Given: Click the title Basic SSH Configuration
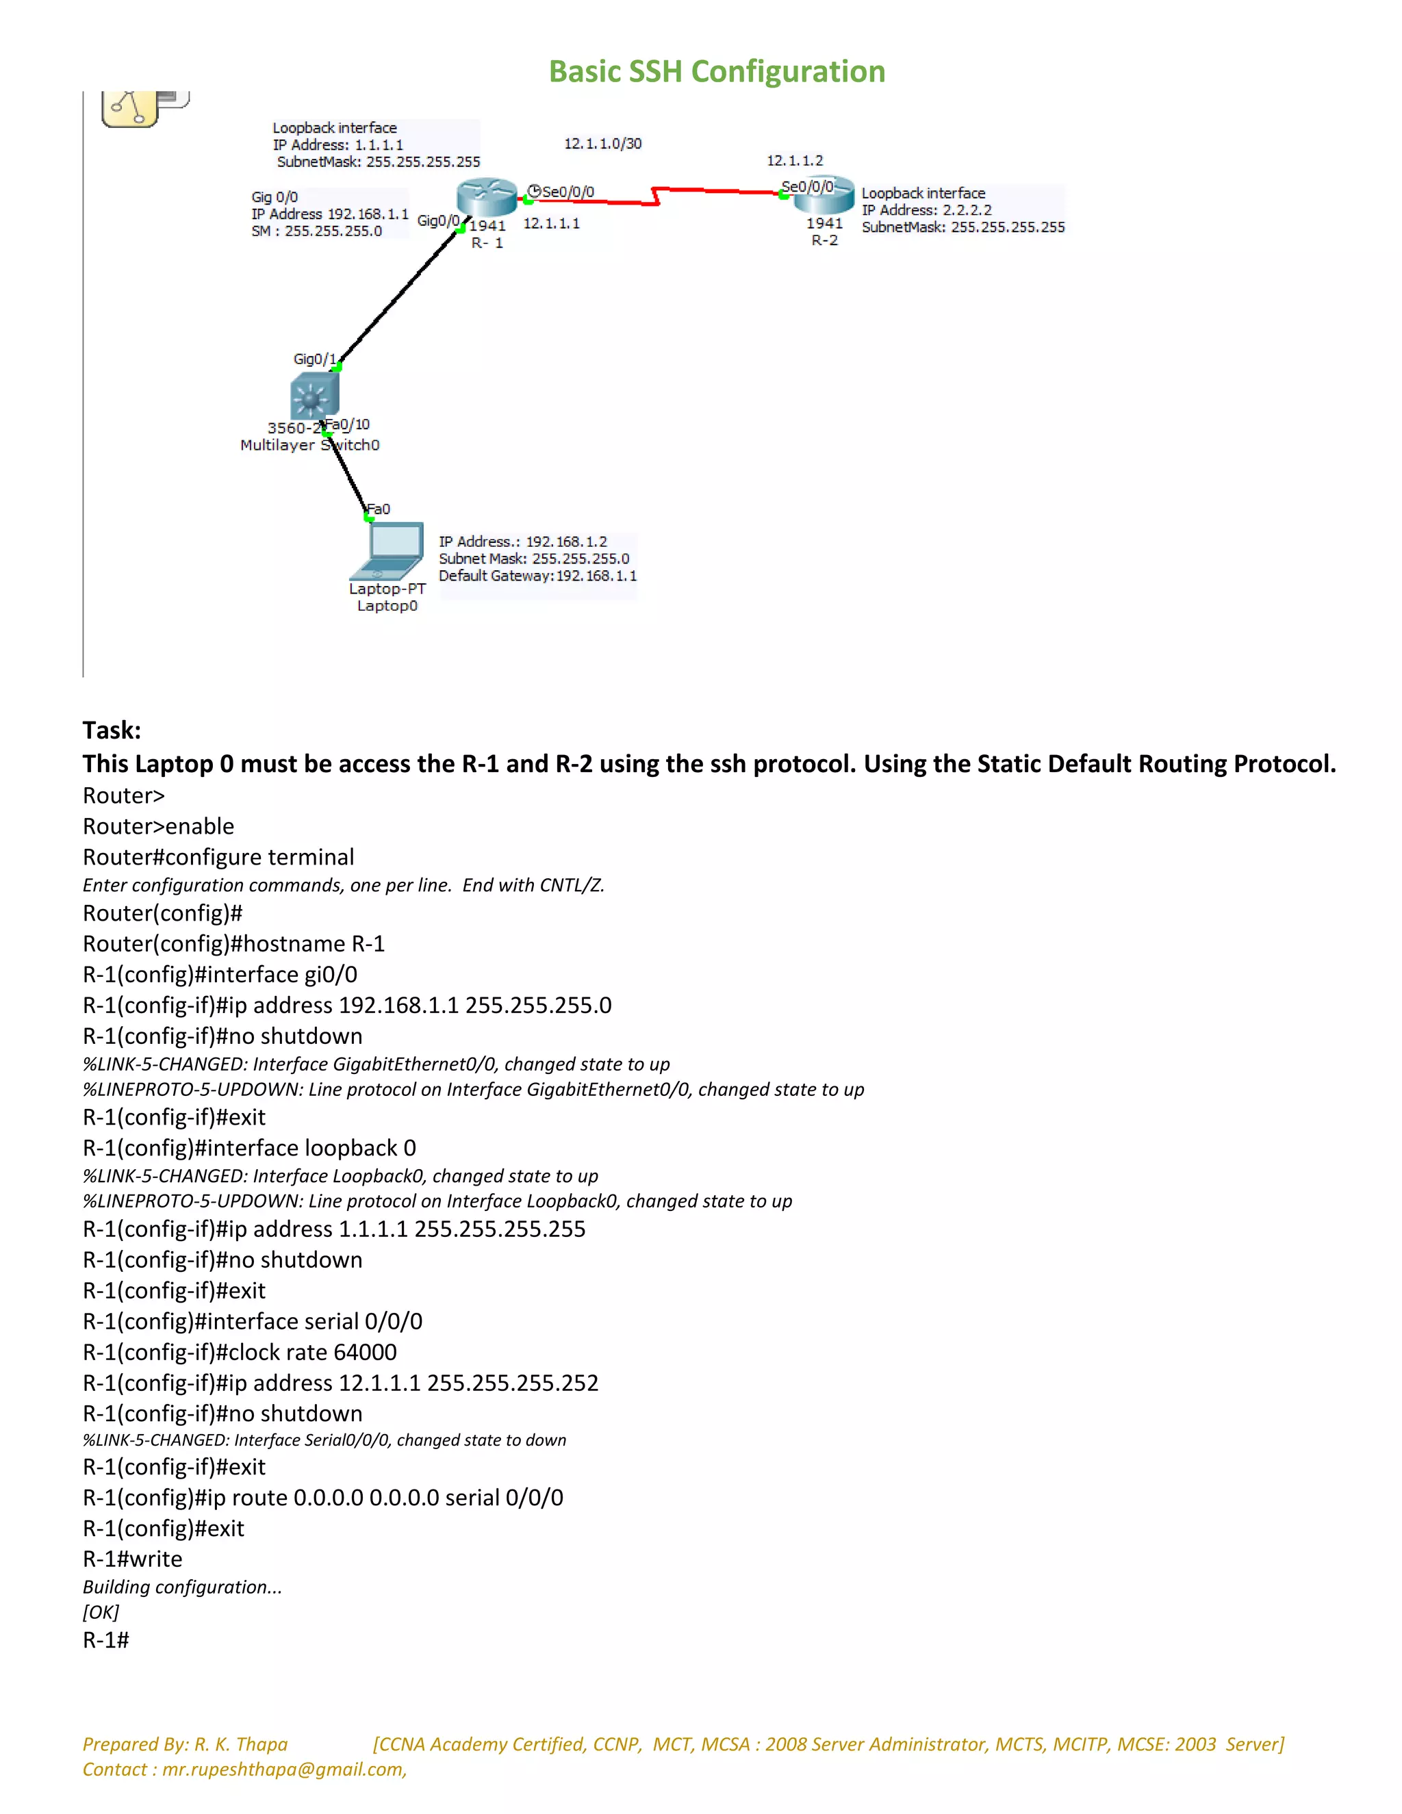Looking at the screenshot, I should coord(717,71).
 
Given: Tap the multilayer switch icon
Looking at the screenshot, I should coord(314,397).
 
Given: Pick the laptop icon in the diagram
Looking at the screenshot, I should coord(390,550).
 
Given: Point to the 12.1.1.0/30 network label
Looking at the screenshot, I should coord(602,144).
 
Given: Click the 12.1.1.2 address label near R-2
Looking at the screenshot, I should coord(794,160).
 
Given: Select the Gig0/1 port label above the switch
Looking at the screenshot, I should coord(314,359).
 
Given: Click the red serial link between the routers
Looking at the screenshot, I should coord(656,195).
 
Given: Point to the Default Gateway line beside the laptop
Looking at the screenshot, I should coord(537,576).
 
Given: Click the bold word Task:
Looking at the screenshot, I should coord(112,730).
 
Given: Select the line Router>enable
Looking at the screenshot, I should coord(158,826).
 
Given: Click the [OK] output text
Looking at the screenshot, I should coord(101,1612).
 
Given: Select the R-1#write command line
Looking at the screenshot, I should coord(132,1559).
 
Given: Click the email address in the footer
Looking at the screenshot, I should coord(283,1769).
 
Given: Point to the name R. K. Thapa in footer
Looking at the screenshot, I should coord(241,1744).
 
